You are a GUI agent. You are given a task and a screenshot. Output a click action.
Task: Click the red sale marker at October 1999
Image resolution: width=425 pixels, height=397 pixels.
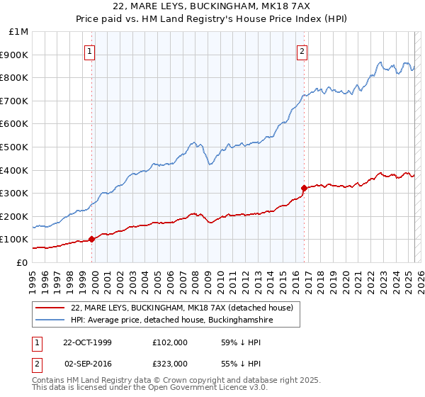coord(92,239)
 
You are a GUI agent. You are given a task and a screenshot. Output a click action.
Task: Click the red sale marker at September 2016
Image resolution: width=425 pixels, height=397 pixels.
coord(304,188)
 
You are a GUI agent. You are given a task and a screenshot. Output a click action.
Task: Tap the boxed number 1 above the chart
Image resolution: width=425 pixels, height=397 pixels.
coord(91,51)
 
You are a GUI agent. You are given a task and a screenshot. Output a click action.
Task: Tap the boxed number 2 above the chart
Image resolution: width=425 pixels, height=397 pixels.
coord(302,51)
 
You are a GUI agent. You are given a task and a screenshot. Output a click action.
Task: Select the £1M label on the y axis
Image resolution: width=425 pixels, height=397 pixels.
coord(19,31)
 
